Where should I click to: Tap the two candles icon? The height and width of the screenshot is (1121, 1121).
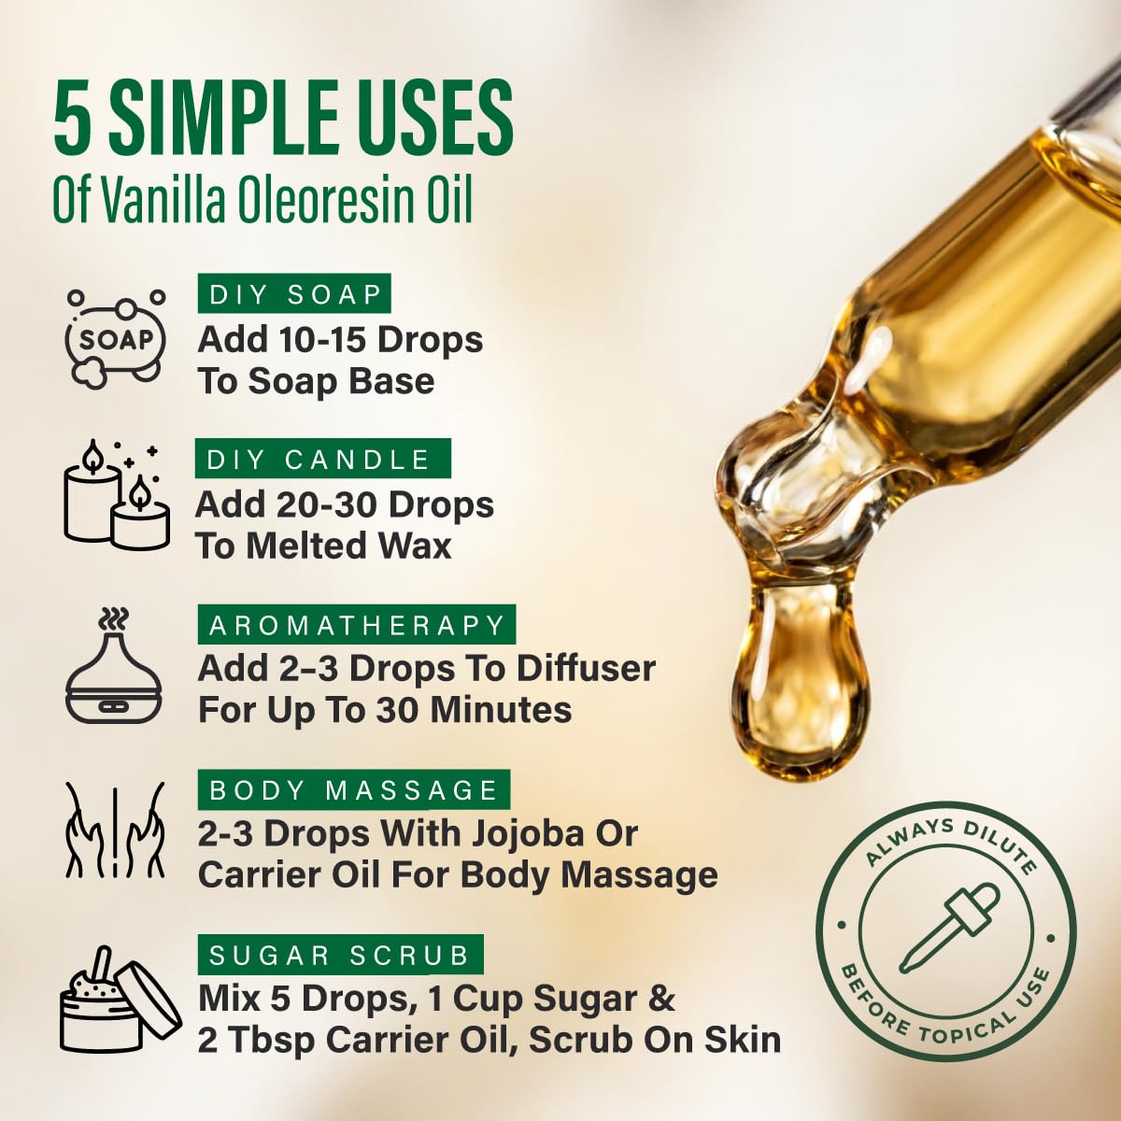click(117, 495)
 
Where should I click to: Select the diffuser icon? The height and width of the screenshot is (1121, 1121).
click(114, 665)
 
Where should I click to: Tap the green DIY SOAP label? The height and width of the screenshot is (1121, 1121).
click(294, 293)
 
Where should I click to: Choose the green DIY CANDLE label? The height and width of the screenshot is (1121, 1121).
click(323, 459)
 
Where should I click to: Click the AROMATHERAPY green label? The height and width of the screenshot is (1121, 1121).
click(357, 625)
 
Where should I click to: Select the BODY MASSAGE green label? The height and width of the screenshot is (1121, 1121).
click(354, 790)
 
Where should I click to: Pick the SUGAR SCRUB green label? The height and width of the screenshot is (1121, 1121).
click(340, 955)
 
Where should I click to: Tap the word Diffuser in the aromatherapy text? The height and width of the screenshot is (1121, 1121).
click(586, 669)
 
